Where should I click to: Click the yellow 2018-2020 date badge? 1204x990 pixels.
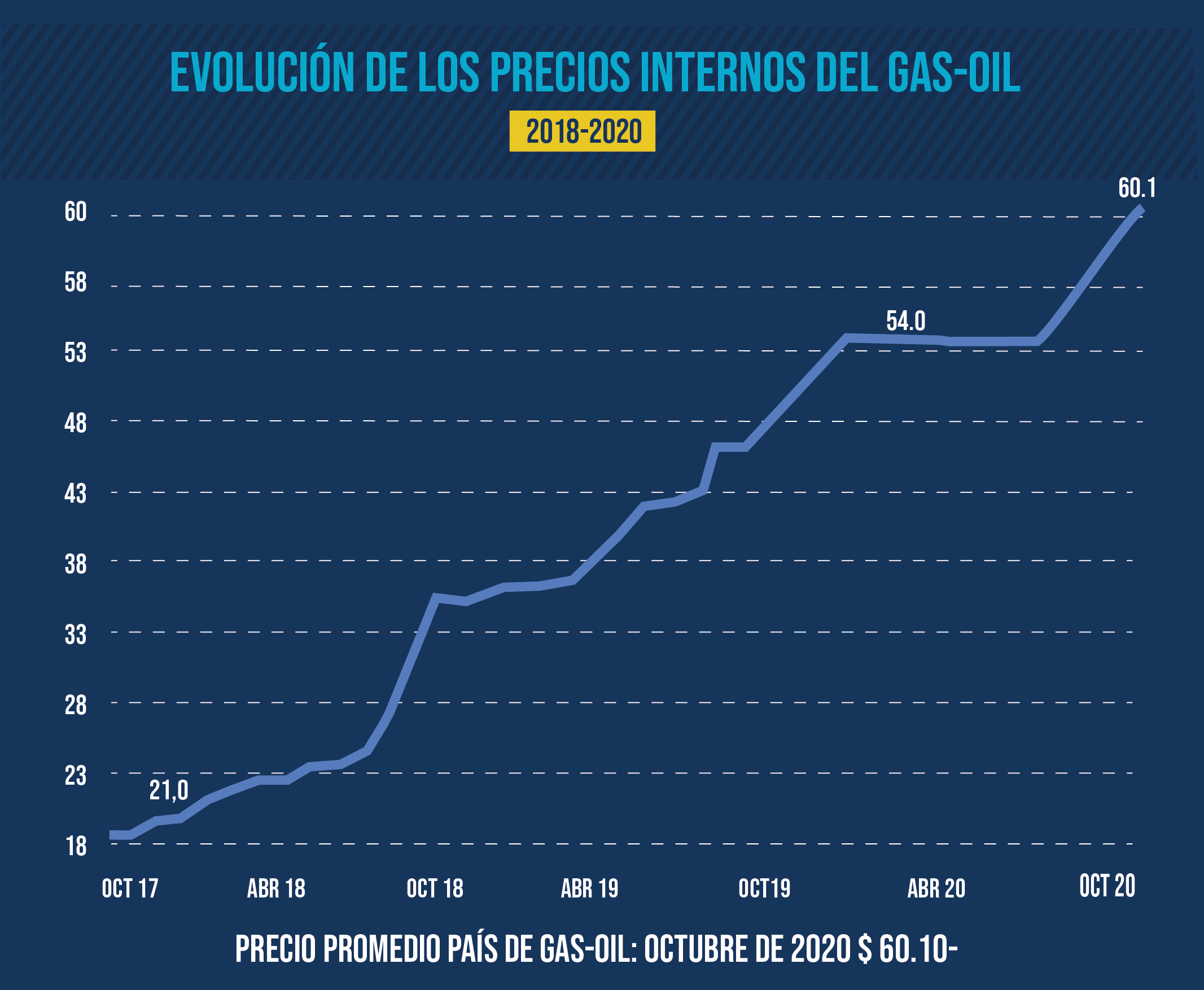pos(582,131)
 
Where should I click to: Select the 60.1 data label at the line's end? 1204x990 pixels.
pos(1137,188)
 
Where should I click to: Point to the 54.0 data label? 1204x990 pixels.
pos(905,321)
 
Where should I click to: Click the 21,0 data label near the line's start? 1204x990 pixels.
pos(169,790)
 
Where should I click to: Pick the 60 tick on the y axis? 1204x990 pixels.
pos(75,212)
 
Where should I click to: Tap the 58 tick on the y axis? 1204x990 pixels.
pos(75,282)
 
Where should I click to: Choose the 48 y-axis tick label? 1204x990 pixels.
pos(75,423)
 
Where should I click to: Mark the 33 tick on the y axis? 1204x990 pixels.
pos(75,635)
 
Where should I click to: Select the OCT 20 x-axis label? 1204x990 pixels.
pos(1107,886)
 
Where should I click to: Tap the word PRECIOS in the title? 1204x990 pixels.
pos(560,73)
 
